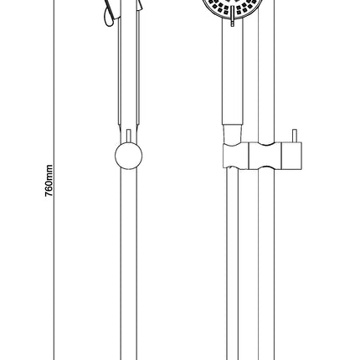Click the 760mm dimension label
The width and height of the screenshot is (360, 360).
(49, 181)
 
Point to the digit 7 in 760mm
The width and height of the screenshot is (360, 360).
(49, 195)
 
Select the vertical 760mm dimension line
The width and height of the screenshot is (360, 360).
(54, 180)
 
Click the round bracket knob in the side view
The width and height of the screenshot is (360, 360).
(129, 156)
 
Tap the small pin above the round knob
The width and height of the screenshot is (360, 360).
(129, 136)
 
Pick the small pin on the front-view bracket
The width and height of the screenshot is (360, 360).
(295, 136)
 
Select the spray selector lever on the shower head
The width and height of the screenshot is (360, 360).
(233, 19)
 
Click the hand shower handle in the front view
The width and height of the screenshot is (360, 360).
(233, 73)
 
